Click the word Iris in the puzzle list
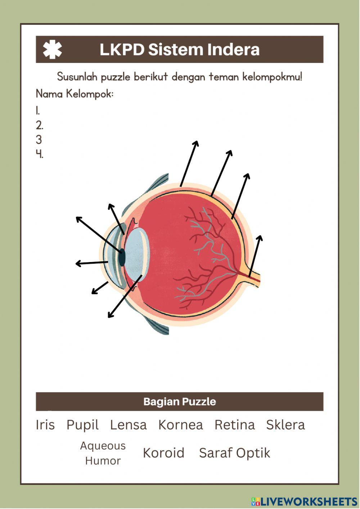(45, 425)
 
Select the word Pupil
(82, 425)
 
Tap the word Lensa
(128, 425)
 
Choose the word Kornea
(180, 425)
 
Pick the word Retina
(234, 425)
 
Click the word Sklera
(285, 425)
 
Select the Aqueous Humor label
(103, 453)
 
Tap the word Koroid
(163, 453)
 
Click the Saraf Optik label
(234, 453)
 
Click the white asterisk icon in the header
(53, 50)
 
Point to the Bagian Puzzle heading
(180, 402)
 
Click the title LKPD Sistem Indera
(179, 50)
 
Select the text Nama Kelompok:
(75, 94)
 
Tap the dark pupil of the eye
(122, 257)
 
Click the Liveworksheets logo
(304, 501)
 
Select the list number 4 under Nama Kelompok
(39, 154)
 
